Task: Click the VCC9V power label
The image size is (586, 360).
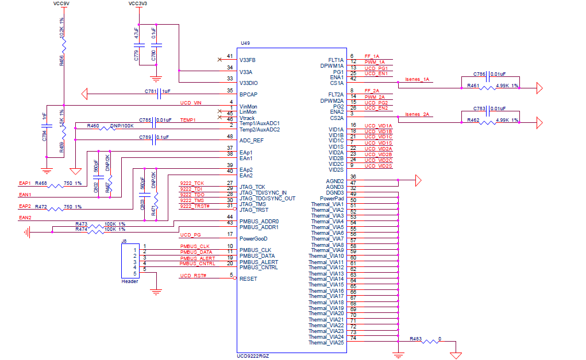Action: pos(63,3)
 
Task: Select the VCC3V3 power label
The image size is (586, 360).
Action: pos(138,3)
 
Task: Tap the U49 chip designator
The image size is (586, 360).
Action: pos(245,44)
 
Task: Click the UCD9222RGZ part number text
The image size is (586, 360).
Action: pos(253,356)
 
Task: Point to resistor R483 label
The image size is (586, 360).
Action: pos(415,339)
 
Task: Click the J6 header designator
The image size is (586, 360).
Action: pos(125,241)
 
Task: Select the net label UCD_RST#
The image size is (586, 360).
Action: pos(193,276)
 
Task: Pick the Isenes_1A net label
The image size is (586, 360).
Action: pos(418,79)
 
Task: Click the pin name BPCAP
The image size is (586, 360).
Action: pos(248,95)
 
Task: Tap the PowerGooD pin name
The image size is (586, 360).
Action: pos(253,238)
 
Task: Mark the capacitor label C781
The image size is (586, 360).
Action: pos(151,91)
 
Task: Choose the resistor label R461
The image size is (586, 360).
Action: pos(473,86)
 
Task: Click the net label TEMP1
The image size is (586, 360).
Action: pos(188,120)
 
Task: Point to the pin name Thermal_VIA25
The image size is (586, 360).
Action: pos(326,343)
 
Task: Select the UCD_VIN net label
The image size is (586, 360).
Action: pos(191,103)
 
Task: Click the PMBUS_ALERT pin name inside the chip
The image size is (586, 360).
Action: pos(258,262)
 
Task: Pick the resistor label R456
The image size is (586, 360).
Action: pos(61,60)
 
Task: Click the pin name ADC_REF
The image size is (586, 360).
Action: pos(250,141)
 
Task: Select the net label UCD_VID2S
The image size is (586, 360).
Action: pos(378,166)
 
